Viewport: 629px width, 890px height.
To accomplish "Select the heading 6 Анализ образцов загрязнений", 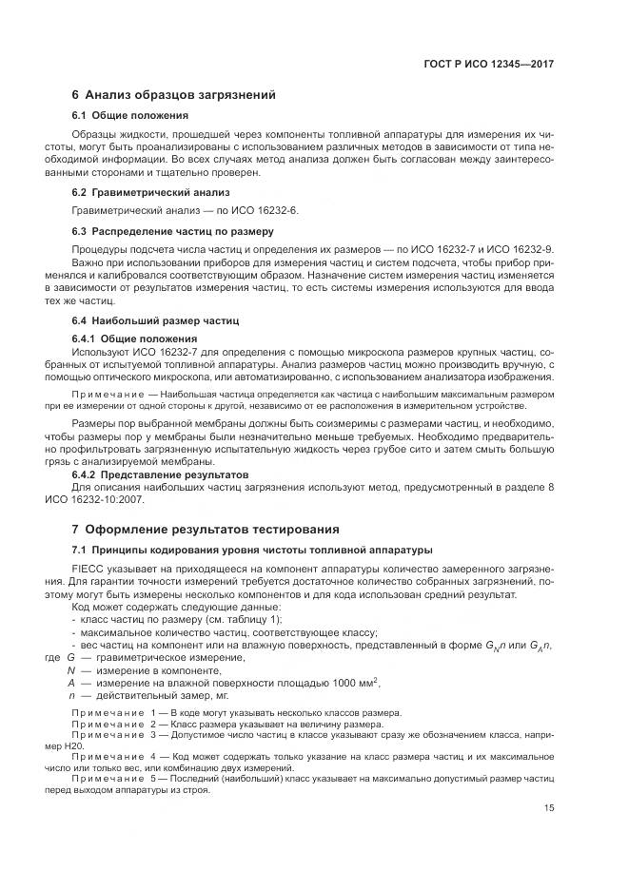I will tap(173, 95).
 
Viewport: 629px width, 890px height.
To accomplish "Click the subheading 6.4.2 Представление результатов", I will tap(160, 474).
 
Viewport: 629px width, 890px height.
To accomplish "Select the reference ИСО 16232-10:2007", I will tap(123, 499).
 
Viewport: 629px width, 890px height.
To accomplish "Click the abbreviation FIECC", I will tap(88, 569).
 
